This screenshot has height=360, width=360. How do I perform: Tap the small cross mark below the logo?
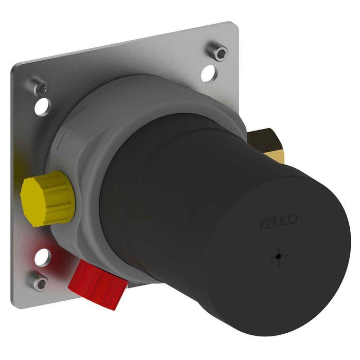pyautogui.click(x=278, y=254)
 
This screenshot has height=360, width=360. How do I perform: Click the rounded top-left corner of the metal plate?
pyautogui.click(x=16, y=69)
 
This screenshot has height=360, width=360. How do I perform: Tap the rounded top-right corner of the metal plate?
pyautogui.click(x=230, y=26)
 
